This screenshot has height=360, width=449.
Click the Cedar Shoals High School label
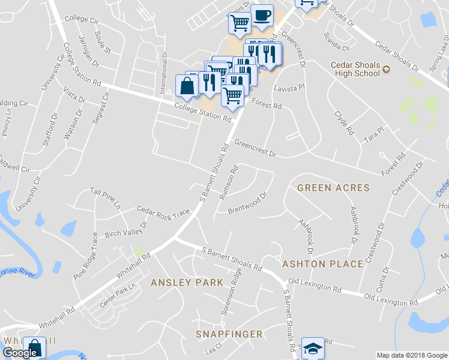tap(355, 69)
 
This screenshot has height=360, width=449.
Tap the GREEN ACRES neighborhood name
tap(333, 188)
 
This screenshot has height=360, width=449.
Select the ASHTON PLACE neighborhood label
tap(322, 264)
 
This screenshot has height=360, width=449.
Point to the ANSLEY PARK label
tap(187, 282)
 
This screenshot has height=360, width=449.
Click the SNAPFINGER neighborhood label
tap(229, 334)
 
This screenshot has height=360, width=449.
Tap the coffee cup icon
tap(261, 16)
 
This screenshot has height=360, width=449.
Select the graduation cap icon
tap(312, 349)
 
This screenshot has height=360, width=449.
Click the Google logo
tap(20, 353)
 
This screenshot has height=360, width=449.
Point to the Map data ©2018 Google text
tap(411, 355)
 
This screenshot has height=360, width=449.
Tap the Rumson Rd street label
tap(229, 182)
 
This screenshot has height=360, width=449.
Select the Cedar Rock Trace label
tap(163, 211)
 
